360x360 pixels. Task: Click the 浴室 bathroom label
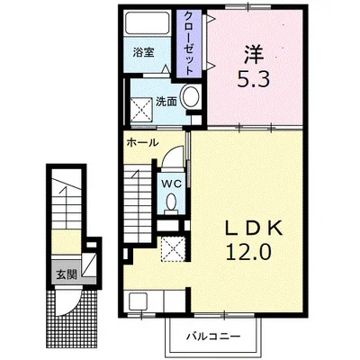click(143, 53)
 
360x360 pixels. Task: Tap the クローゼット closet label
click(189, 43)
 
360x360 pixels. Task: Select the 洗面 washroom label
click(166, 102)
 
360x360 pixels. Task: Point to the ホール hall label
click(142, 142)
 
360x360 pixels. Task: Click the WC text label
click(172, 184)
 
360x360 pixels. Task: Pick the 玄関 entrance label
click(67, 274)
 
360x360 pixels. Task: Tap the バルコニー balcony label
click(213, 337)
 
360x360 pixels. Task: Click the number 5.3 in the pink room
click(254, 78)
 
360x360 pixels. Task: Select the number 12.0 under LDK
click(248, 251)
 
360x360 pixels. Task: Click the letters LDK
click(254, 229)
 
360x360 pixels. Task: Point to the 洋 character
click(254, 55)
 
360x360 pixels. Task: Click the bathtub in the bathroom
click(147, 23)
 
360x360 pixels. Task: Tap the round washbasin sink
click(191, 96)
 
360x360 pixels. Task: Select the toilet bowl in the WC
click(171, 202)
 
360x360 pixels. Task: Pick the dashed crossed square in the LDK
click(173, 248)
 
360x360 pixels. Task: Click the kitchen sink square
click(138, 301)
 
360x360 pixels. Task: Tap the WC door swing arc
click(171, 151)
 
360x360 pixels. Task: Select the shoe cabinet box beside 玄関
click(89, 265)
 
